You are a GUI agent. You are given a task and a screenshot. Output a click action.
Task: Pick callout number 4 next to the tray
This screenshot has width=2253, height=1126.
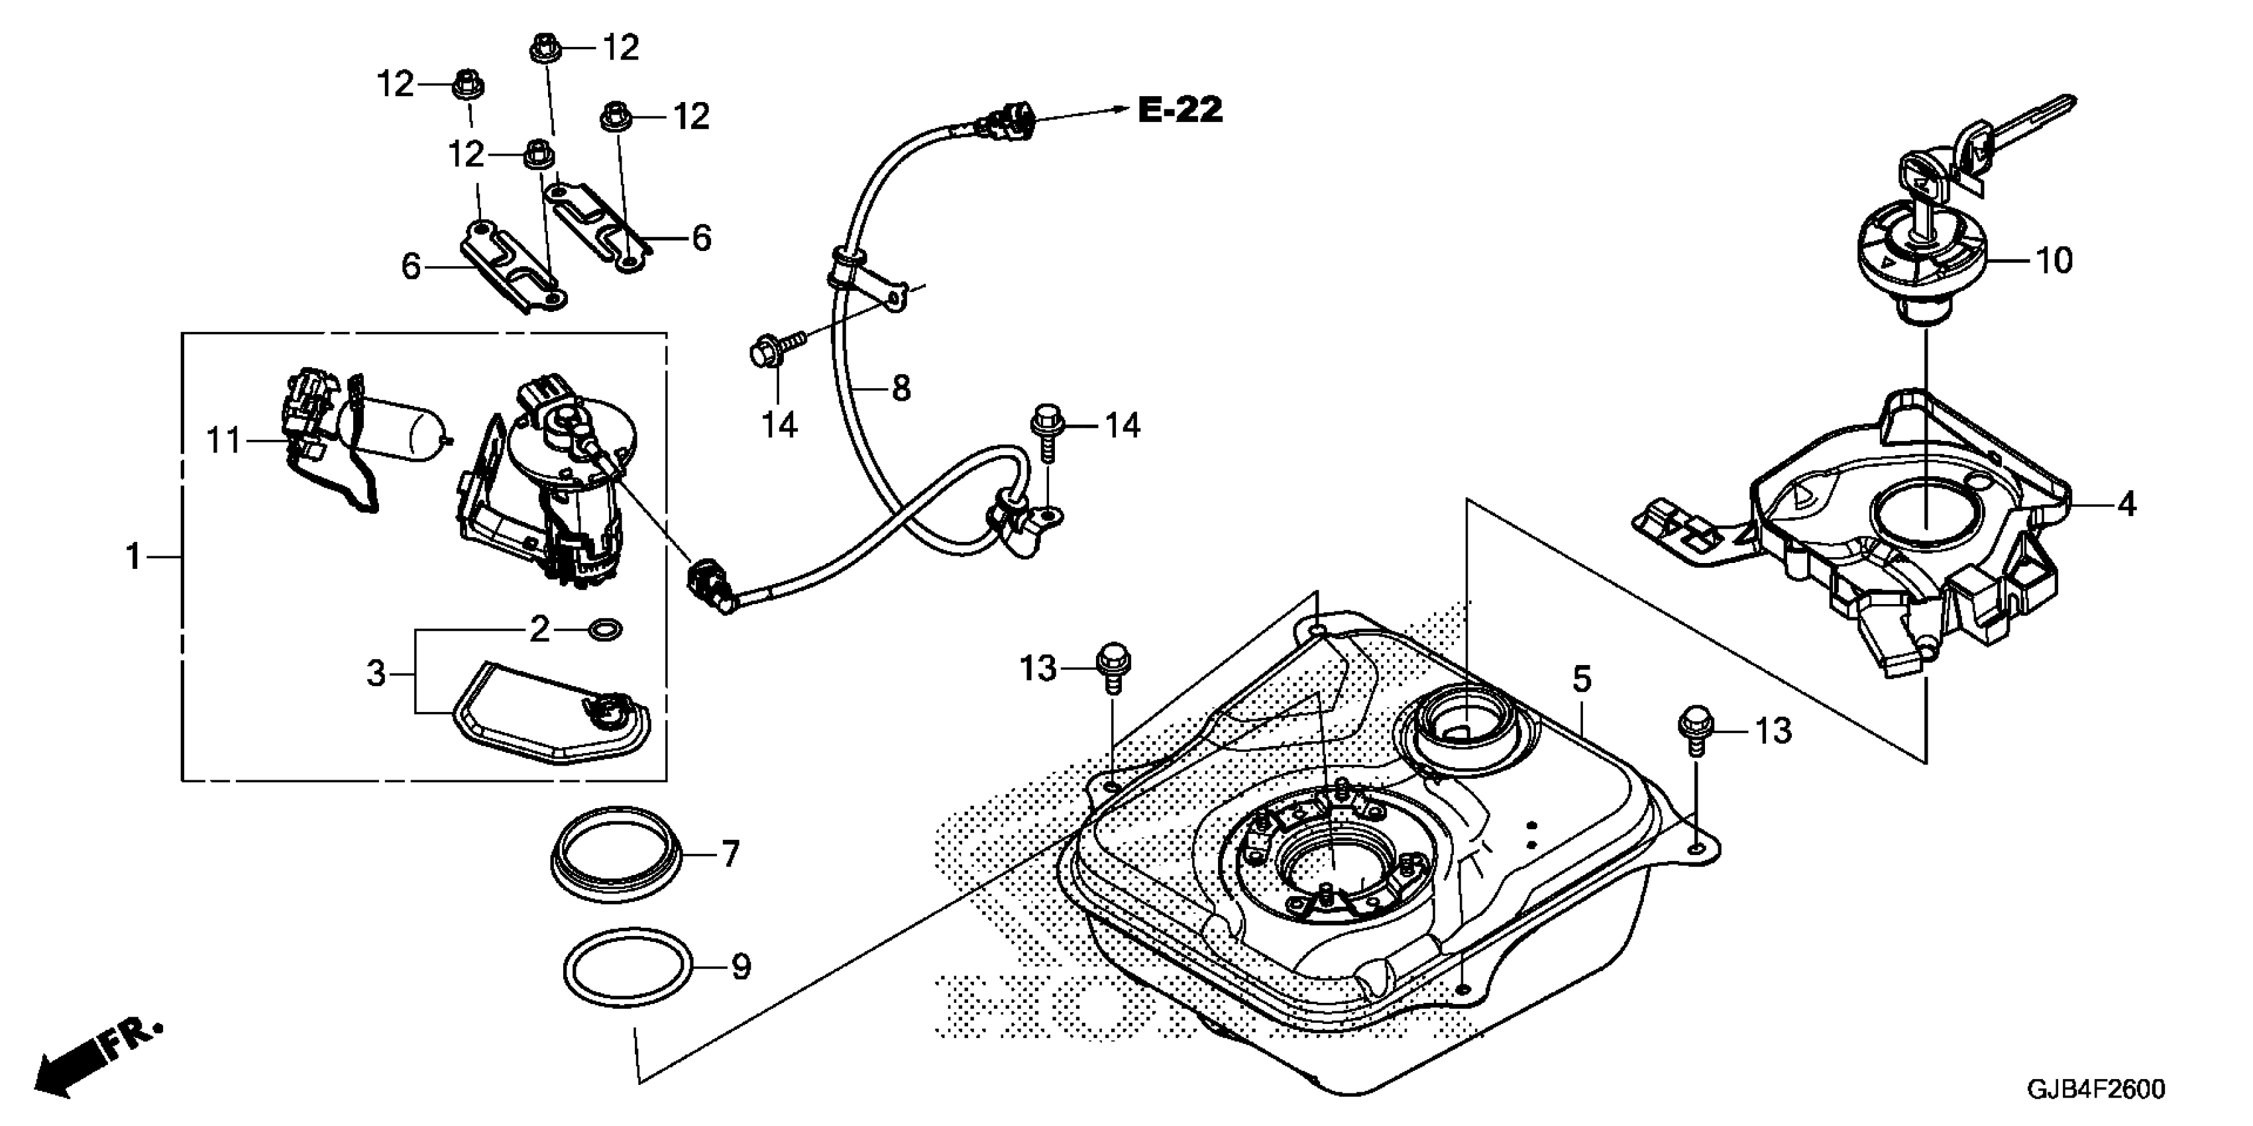2126,505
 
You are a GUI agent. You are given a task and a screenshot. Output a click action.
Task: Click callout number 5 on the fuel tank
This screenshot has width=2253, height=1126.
1581,680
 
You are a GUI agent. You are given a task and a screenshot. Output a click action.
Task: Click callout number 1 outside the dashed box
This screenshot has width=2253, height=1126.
134,556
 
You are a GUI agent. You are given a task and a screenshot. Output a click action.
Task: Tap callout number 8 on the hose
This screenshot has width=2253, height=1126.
901,387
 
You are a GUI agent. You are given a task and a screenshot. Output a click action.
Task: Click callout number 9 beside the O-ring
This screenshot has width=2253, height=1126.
741,967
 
